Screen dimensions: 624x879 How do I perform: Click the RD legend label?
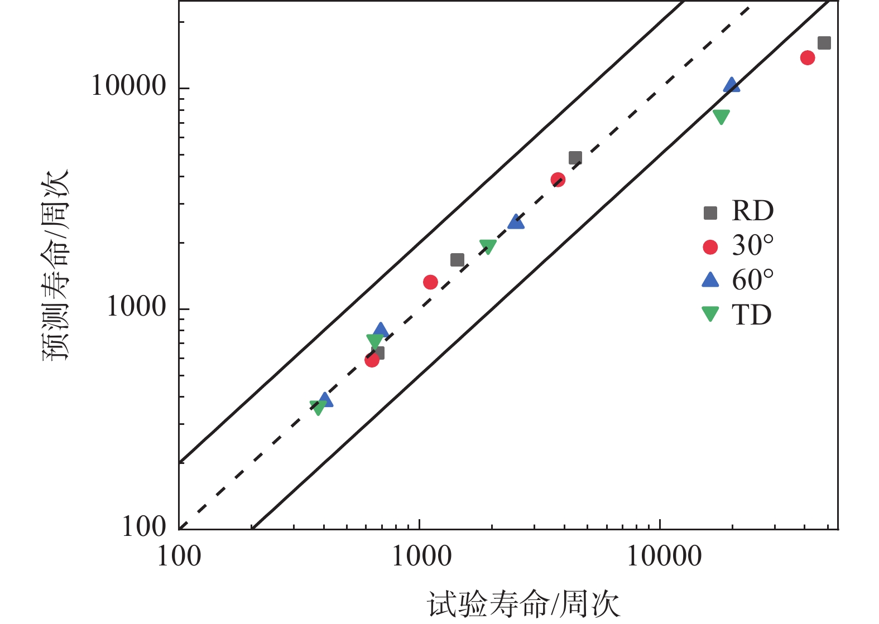[x=753, y=211]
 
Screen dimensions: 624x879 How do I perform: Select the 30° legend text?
[x=753, y=246]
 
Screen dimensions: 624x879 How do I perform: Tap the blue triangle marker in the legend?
[x=710, y=280]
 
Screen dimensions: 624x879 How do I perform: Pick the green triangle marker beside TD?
[x=710, y=313]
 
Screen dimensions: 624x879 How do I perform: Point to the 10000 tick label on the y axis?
[x=128, y=86]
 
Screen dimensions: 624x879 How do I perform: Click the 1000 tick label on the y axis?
[x=136, y=307]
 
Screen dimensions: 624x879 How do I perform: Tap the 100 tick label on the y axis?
[x=144, y=526]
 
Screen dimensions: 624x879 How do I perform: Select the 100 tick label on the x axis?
[x=179, y=557]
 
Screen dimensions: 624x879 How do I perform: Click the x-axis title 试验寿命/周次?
[x=523, y=604]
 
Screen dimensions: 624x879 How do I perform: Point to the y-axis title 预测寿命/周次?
[x=56, y=265]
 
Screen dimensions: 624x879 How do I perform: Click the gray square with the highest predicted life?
[x=824, y=43]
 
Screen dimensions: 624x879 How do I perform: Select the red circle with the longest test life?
[x=807, y=57]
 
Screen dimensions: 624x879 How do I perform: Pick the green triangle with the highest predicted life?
[x=721, y=117]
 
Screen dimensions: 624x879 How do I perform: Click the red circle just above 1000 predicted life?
[x=430, y=282]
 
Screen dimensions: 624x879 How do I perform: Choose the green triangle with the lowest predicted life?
[x=318, y=407]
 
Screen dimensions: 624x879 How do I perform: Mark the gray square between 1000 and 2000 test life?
[x=457, y=260]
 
